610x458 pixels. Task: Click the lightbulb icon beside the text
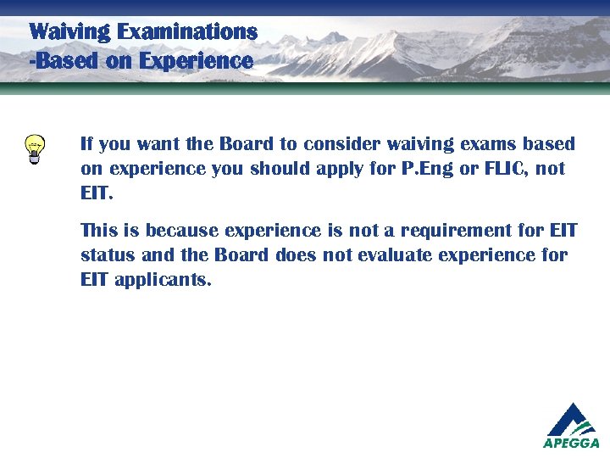pyautogui.click(x=35, y=149)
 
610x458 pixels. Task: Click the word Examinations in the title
pyautogui.click(x=187, y=32)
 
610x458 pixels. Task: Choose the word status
pyautogui.click(x=107, y=255)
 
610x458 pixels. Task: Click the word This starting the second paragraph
pyautogui.click(x=98, y=231)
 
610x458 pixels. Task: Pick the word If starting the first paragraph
pyautogui.click(x=86, y=144)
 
